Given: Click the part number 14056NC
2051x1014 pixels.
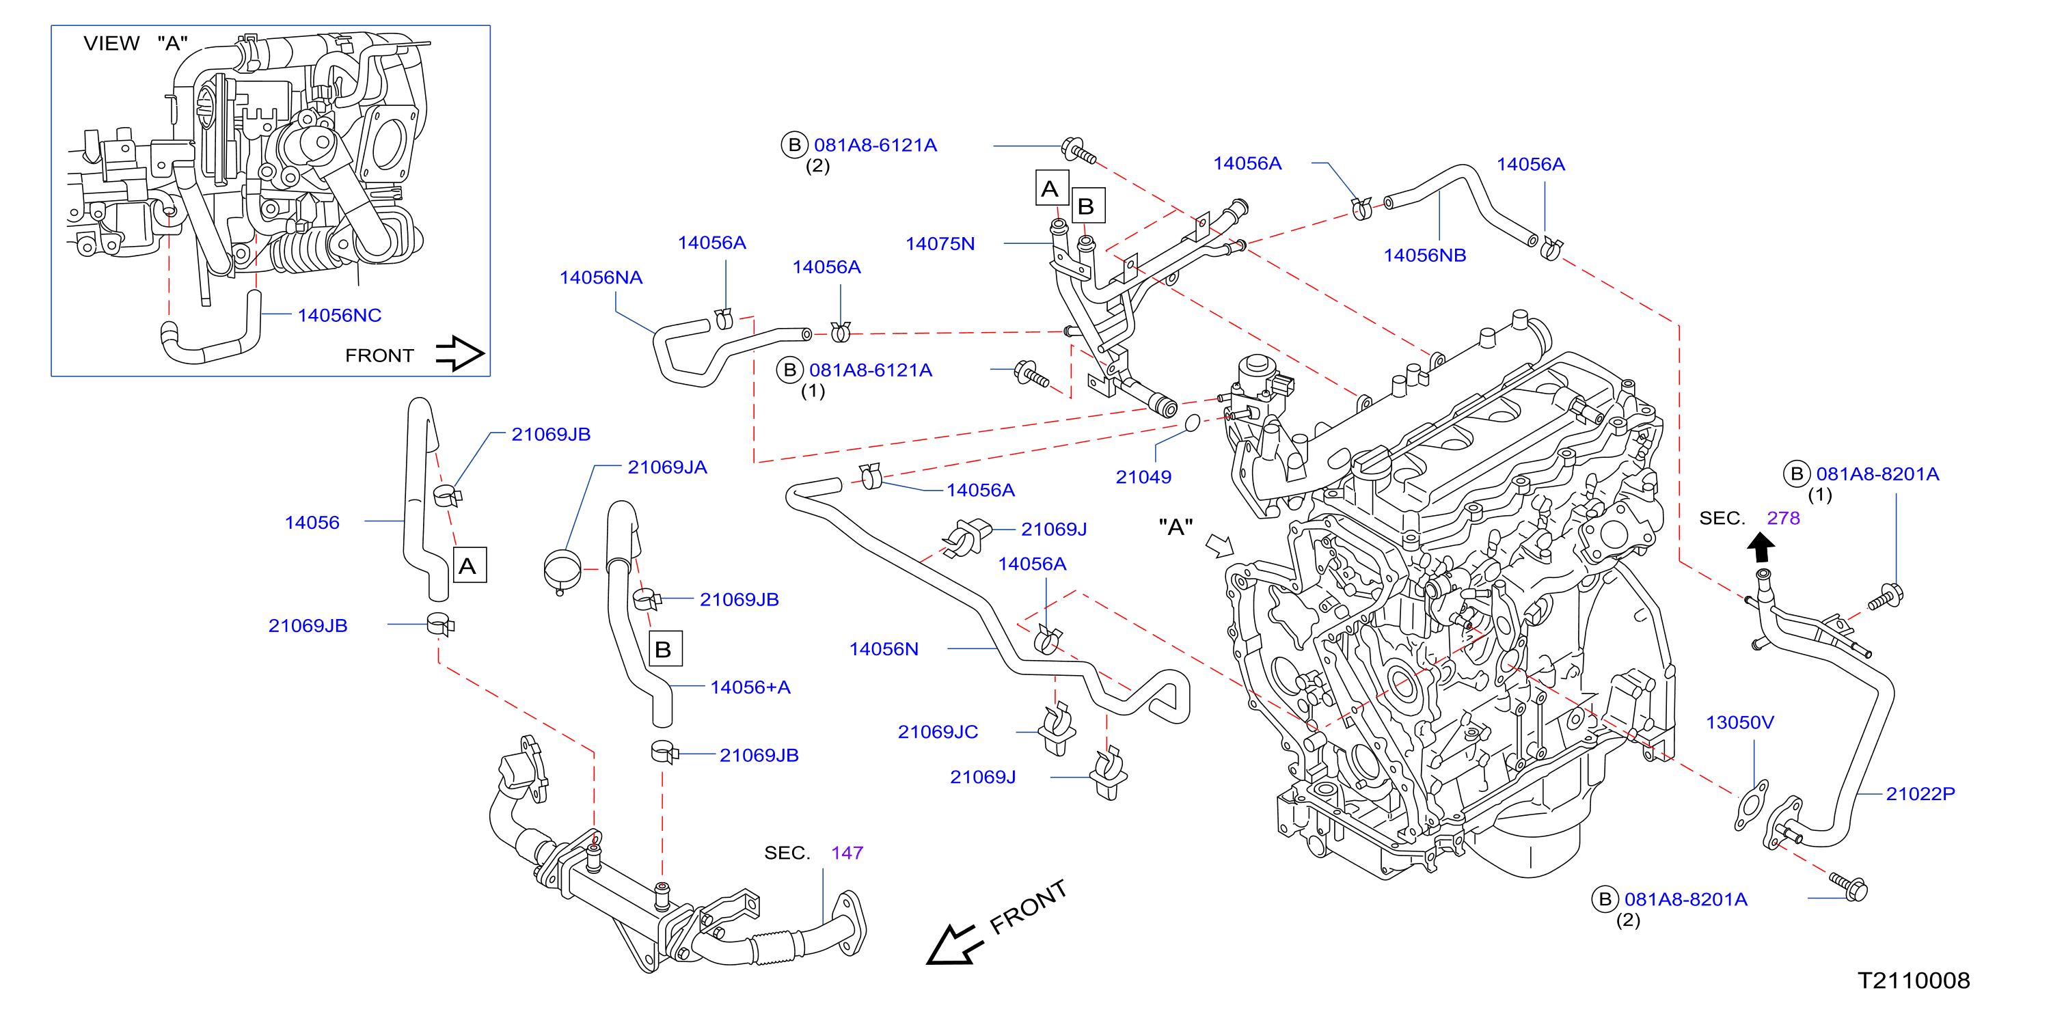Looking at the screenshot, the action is point(339,315).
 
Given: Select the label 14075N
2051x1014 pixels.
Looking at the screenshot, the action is point(940,243).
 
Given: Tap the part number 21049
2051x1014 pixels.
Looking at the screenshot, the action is point(1143,477).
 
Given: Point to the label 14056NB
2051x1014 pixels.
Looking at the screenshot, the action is point(1424,256).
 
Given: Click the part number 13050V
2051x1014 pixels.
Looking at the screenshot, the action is point(1739,722).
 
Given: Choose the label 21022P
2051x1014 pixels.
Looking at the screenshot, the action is point(1920,793).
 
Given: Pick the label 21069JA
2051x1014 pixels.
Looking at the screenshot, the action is point(667,467).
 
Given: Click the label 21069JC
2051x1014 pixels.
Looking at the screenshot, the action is point(938,731).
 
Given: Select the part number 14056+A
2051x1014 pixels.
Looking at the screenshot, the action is point(750,687).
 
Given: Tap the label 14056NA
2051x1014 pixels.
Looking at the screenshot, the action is point(601,278).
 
